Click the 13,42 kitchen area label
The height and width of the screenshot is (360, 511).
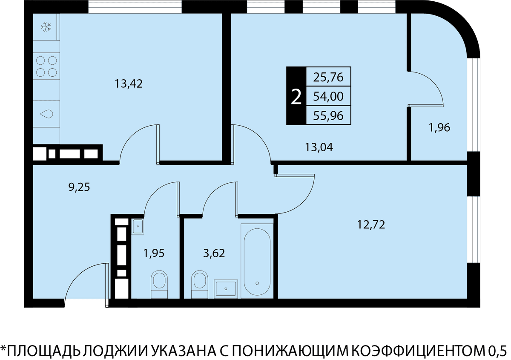129,84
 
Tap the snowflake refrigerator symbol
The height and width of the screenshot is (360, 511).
46,27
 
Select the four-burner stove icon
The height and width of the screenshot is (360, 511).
46,66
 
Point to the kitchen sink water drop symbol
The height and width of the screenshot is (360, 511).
46,114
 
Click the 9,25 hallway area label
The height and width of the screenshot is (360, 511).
79,187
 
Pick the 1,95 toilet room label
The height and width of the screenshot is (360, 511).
154,253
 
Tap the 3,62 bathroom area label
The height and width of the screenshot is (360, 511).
214,253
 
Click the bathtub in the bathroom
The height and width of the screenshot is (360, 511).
257,261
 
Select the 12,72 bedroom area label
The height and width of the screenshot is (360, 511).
371,225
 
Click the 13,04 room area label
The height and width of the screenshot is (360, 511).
319,147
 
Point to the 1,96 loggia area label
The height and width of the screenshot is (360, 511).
439,127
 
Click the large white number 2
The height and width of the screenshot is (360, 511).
296,97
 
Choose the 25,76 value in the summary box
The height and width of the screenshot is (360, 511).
328,77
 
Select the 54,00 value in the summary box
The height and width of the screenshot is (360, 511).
328,96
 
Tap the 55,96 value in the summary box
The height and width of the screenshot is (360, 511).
328,115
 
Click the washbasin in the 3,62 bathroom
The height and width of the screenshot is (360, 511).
226,289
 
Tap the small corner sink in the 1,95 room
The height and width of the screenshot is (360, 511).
138,227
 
